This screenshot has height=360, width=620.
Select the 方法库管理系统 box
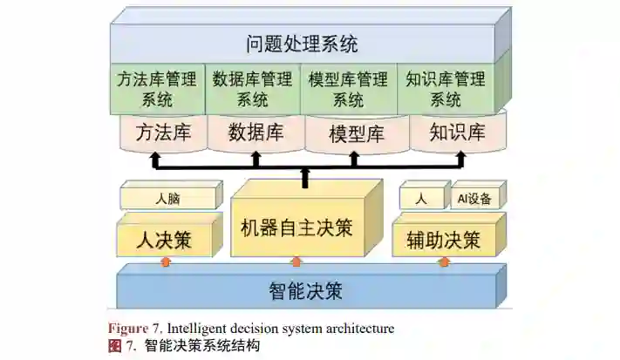157,89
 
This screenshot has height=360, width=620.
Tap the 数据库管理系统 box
253,89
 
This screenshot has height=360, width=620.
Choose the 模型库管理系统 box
348,89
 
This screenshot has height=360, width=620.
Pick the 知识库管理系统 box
446,89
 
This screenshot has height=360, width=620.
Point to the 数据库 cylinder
255,132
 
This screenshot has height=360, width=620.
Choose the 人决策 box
165,238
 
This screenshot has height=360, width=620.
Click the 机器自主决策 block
296,228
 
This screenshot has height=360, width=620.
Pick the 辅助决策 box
443,238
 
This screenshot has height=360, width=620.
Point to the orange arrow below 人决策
165,262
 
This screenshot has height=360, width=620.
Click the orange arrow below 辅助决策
443,262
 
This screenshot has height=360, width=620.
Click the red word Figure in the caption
127,329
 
